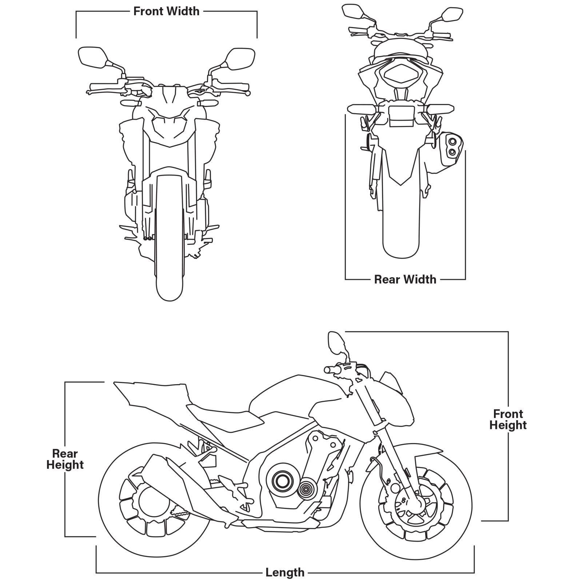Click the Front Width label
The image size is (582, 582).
coord(166,11)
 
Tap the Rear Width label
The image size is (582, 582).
coord(405,279)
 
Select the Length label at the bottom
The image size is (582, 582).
coord(285,572)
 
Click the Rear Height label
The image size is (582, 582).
coord(65,459)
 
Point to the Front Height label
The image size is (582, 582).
coord(508,419)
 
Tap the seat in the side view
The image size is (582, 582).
coord(226,416)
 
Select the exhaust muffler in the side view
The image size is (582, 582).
coord(171,480)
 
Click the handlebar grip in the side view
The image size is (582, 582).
coord(331,370)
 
